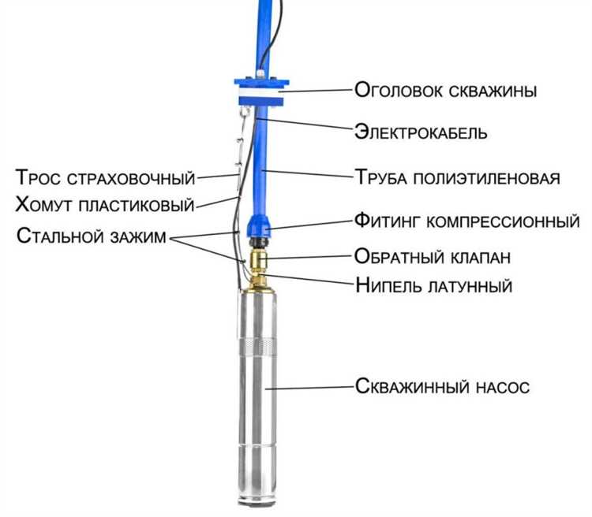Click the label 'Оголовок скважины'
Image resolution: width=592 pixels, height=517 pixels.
[x=446, y=91]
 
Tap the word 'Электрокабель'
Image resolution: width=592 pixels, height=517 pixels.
[x=420, y=132]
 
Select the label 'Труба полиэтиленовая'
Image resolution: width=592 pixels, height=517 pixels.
[x=457, y=177]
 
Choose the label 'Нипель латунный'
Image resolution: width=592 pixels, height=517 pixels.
[x=433, y=285]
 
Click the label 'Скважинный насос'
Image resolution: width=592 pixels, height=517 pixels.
[x=441, y=387]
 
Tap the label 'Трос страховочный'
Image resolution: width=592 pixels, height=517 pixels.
[x=105, y=175]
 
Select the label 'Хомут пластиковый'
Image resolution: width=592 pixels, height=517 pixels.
[x=105, y=206]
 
